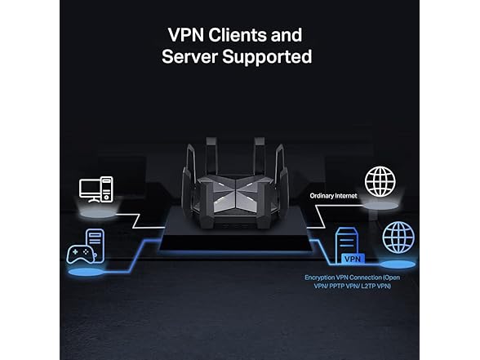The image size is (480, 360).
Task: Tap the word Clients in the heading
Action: (x=246, y=35)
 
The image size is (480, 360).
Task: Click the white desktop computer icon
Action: (x=96, y=189)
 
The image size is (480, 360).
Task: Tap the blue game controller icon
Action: (x=79, y=253)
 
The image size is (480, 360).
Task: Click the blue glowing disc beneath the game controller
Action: (x=84, y=271)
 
